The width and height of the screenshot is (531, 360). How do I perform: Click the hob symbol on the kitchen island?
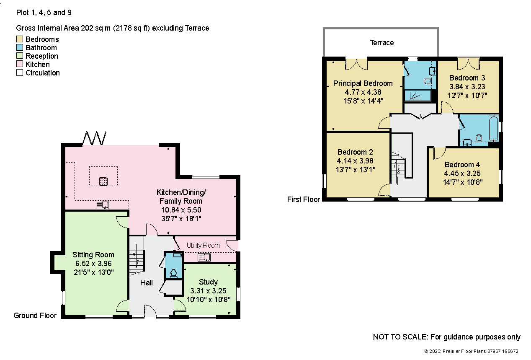[x=103, y=181]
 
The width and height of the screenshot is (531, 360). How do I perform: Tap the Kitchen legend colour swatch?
[x=20, y=64]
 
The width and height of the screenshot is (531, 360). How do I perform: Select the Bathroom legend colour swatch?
[x=20, y=47]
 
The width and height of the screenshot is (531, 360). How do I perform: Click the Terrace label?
[x=382, y=43]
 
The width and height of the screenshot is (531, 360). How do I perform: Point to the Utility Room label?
[x=203, y=246]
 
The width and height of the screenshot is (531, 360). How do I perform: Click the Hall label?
[x=147, y=282]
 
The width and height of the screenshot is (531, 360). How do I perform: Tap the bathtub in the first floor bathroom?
[x=494, y=128]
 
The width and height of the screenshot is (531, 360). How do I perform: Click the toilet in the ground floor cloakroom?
[x=174, y=273]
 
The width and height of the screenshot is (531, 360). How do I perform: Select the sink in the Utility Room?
[x=204, y=257]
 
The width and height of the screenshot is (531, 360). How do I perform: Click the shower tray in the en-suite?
[x=418, y=96]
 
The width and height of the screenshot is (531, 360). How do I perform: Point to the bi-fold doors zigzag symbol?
[x=94, y=138]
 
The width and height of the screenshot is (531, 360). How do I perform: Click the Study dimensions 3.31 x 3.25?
[x=208, y=291]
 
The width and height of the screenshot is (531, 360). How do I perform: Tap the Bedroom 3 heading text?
[x=467, y=78]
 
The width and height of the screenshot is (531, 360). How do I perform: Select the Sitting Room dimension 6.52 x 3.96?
[x=93, y=264]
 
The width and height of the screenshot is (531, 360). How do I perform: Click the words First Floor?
[x=304, y=199]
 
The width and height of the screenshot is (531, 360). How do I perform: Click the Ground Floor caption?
[x=35, y=316]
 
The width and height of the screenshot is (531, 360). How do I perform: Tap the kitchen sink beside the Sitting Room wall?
[x=102, y=205]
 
